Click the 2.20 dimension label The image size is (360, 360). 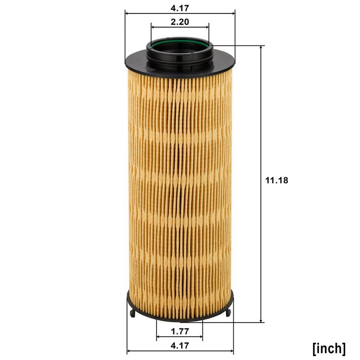point(180,22)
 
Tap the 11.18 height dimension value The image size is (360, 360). point(277,180)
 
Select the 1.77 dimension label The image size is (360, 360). point(180,331)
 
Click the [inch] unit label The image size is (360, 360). point(329,348)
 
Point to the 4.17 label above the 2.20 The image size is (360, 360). point(180,8)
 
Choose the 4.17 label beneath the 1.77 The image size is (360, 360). point(180,345)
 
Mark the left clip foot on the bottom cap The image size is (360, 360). point(132,313)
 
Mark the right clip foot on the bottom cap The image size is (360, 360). point(228,313)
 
